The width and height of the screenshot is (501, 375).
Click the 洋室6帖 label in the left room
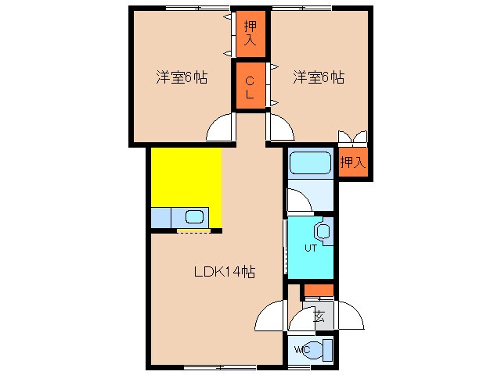click(181, 77)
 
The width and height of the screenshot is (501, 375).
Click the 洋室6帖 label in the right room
click(319, 77)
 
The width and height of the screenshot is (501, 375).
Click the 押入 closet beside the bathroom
click(352, 162)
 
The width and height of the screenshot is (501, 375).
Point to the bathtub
click(311, 164)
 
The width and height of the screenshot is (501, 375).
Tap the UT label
click(310, 248)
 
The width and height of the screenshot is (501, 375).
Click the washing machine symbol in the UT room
click(323, 231)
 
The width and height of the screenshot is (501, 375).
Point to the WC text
click(301, 349)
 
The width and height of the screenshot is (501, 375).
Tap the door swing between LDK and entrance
click(270, 317)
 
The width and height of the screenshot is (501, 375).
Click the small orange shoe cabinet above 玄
click(319, 291)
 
